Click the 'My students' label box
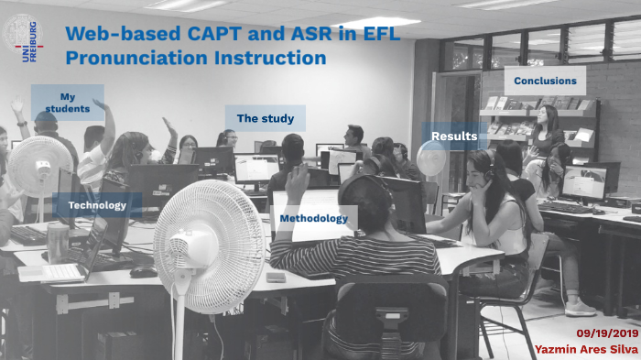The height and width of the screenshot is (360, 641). click(67, 103)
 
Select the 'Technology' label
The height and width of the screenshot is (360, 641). click(97, 205)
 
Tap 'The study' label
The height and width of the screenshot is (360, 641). click(265, 118)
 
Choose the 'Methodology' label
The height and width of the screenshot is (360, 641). click(313, 219)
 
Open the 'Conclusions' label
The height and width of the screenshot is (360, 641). click(545, 81)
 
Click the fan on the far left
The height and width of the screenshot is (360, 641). click(39, 165)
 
